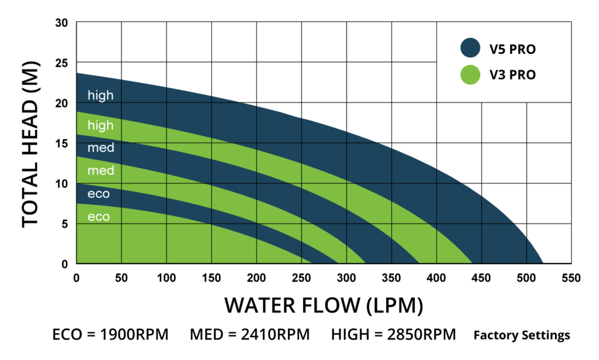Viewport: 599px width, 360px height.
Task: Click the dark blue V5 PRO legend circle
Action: click(471, 48)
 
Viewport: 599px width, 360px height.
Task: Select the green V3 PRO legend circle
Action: click(471, 74)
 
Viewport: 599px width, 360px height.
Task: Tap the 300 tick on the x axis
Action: click(347, 277)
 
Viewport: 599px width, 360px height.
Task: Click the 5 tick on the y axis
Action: click(64, 224)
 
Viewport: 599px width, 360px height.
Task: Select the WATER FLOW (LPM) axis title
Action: click(323, 306)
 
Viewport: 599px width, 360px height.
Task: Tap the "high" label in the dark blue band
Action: click(101, 95)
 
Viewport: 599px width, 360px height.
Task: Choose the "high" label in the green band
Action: click(101, 125)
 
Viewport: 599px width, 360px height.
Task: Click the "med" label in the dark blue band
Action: click(101, 148)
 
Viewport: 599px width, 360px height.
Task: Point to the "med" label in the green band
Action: click(101, 171)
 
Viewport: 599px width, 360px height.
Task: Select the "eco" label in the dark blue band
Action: click(98, 194)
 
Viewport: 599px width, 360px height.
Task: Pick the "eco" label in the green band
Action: click(98, 217)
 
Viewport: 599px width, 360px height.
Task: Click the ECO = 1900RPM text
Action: click(111, 335)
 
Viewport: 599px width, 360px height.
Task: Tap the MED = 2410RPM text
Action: click(250, 335)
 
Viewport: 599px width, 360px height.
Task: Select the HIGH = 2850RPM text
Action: click(393, 335)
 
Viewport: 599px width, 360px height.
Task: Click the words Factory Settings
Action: click(522, 336)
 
